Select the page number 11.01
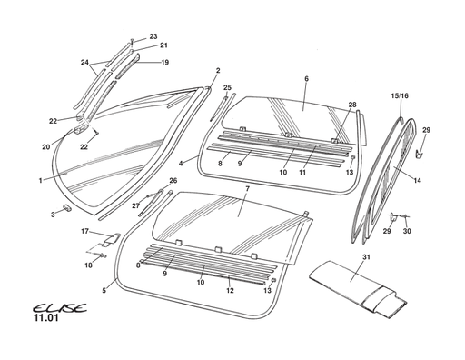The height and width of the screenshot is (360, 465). [46, 320]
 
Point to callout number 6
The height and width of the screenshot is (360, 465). [306, 79]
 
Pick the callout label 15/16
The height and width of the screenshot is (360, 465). [400, 95]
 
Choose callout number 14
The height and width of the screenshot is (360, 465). [418, 181]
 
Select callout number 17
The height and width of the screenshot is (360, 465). [84, 233]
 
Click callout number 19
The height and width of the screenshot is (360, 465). [164, 63]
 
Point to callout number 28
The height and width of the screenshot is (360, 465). [352, 105]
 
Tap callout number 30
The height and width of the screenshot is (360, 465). [408, 232]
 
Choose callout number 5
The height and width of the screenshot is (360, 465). [104, 291]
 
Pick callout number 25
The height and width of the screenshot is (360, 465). [227, 87]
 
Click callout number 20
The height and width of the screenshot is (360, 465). [45, 146]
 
